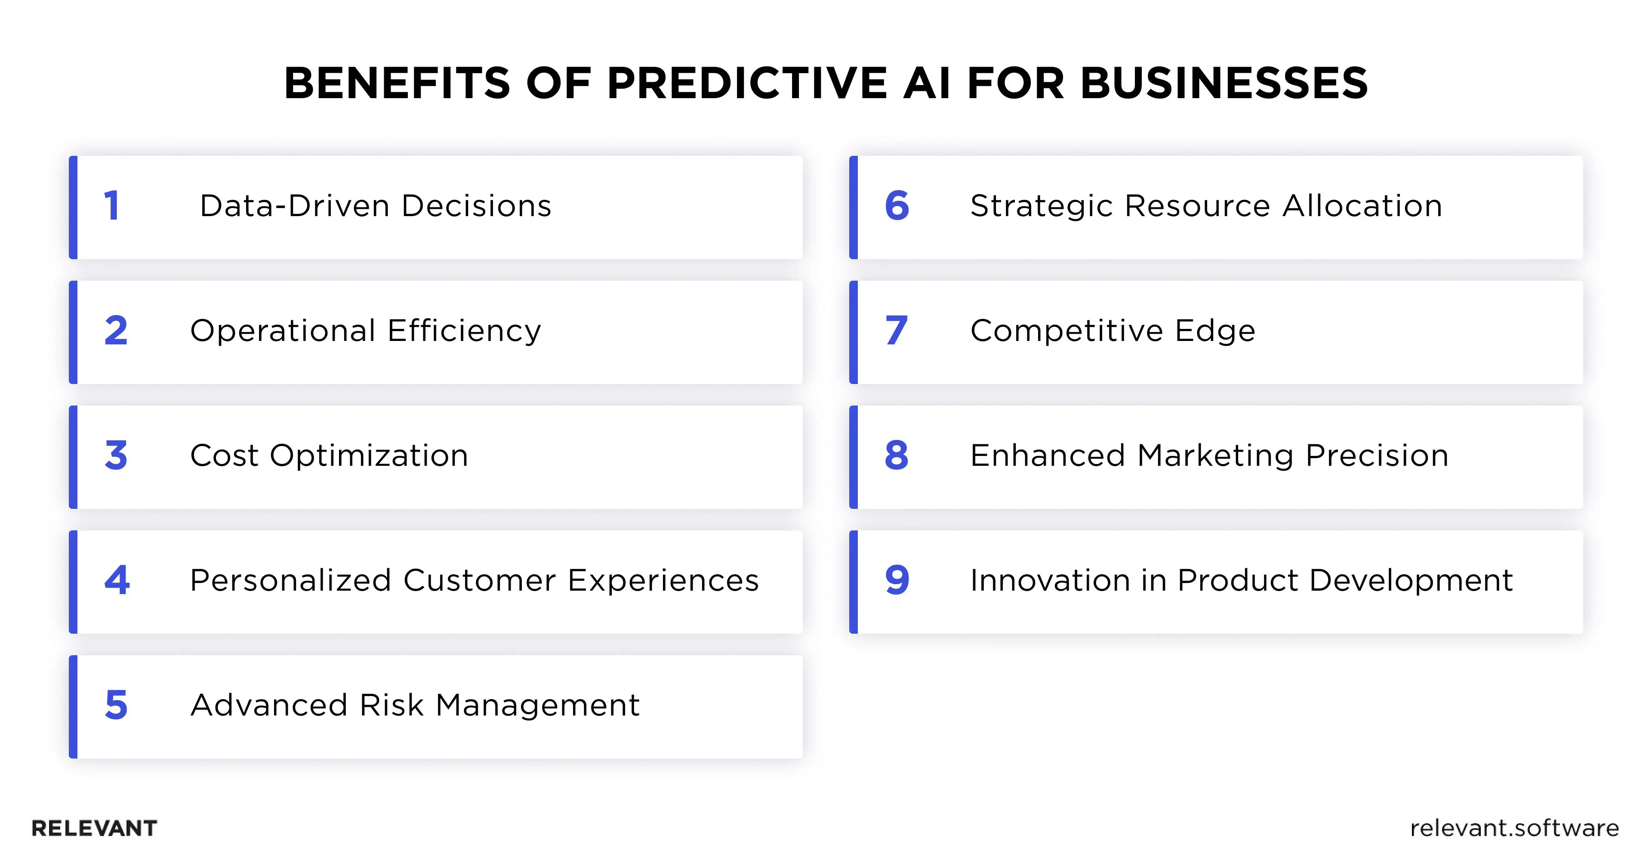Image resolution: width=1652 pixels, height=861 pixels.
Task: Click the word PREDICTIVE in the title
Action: [x=747, y=84]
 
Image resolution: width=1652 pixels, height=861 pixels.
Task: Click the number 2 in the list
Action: [x=116, y=331]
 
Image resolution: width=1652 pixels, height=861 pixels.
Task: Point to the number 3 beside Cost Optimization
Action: [x=116, y=455]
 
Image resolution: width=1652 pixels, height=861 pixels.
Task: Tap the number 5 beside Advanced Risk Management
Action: [x=116, y=705]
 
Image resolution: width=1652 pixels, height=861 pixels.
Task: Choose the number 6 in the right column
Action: [x=897, y=206]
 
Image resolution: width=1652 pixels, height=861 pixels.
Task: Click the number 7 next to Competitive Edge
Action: [x=896, y=331]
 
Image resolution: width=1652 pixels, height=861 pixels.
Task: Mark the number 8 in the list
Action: [x=896, y=455]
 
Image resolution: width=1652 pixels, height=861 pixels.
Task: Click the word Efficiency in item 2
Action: [x=464, y=331]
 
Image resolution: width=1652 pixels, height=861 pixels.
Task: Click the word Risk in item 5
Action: [x=391, y=705]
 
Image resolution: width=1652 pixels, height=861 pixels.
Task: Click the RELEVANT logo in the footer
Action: [x=94, y=828]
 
